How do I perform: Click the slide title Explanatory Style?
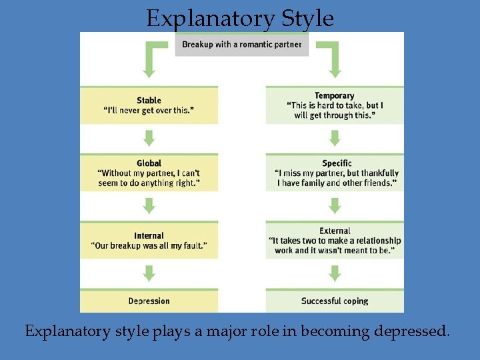[240, 18]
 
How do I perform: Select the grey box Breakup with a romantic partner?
[241, 45]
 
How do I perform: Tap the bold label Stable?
[149, 101]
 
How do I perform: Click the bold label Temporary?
[335, 96]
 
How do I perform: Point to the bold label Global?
[149, 163]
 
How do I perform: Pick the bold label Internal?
[149, 236]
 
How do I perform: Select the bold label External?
[335, 231]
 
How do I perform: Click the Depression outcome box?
[149, 301]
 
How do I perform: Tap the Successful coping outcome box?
[335, 301]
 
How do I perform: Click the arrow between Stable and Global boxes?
[149, 139]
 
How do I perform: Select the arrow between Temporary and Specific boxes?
[335, 139]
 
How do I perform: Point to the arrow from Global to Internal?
[149, 206]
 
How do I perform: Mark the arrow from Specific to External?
[335, 206]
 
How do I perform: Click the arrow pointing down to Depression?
[149, 273]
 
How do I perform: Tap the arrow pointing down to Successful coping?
[335, 273]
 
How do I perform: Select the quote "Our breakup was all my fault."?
[149, 246]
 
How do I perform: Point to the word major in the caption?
[218, 331]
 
